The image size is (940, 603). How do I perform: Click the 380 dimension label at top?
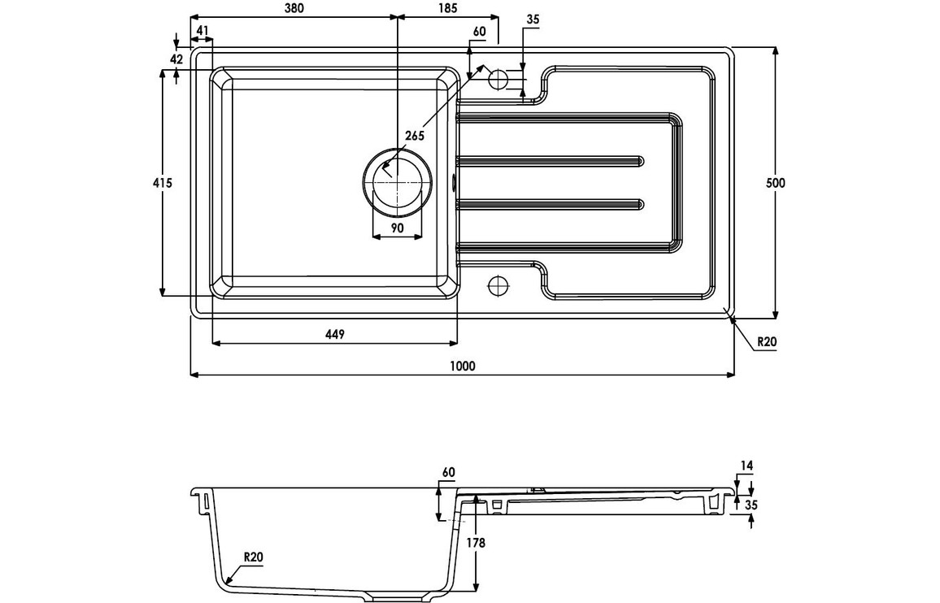click(x=294, y=8)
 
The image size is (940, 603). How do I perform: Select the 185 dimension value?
click(x=446, y=8)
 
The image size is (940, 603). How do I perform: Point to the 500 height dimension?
click(x=776, y=183)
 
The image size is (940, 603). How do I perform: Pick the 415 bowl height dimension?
click(x=162, y=183)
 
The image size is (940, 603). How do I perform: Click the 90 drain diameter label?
click(x=397, y=228)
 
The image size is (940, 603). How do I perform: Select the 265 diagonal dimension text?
click(x=415, y=136)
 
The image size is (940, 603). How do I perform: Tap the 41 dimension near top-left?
click(x=202, y=31)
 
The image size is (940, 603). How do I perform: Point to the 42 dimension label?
click(x=176, y=59)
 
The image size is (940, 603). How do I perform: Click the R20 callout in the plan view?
click(x=767, y=342)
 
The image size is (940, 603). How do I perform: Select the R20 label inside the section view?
click(x=255, y=557)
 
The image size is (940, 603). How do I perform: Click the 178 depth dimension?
click(x=477, y=542)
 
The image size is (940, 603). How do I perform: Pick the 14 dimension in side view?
click(x=747, y=466)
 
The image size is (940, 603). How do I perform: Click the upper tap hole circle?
click(x=498, y=80)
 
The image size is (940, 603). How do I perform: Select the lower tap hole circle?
click(x=498, y=286)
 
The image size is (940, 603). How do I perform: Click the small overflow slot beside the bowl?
click(x=454, y=183)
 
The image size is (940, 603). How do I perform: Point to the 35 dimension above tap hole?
click(x=533, y=19)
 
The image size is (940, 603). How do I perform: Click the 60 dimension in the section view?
click(x=449, y=472)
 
